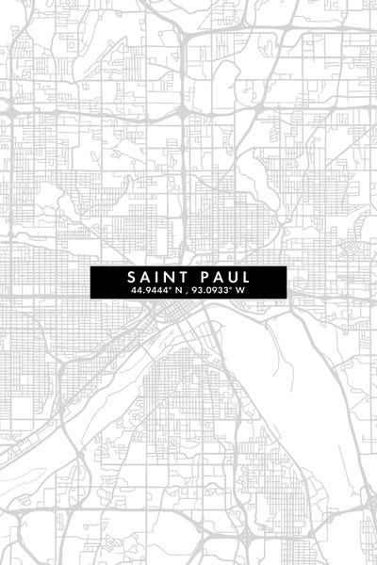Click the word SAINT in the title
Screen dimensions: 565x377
[157, 278]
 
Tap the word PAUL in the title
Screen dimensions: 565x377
[224, 278]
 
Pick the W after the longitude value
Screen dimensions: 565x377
[241, 291]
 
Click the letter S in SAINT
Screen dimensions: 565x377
[132, 278]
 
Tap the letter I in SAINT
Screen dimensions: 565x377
[158, 278]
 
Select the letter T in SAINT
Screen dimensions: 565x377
[183, 278]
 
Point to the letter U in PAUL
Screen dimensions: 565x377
[232, 278]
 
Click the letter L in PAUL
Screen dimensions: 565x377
[245, 278]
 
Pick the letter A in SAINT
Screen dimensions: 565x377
[146, 278]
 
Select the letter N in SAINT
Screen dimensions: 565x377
[170, 278]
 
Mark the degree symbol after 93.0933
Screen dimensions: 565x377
[233, 289]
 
